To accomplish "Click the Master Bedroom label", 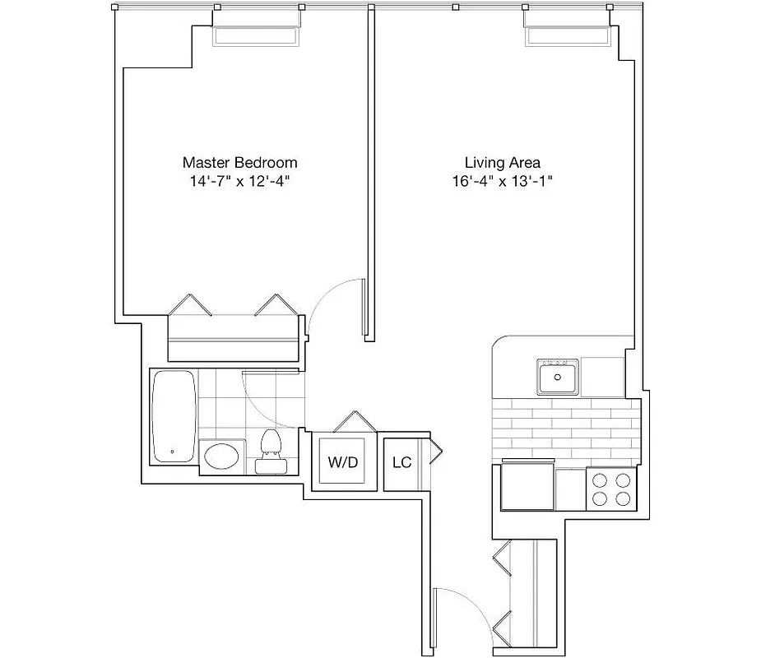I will click(x=239, y=162).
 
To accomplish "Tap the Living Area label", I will click(x=502, y=162).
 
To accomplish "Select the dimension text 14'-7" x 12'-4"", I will click(x=239, y=181).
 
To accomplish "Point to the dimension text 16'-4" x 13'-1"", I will click(x=502, y=181).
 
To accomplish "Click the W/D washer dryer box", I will click(x=343, y=462).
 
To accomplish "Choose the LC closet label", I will click(x=401, y=462).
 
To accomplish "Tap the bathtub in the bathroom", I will click(x=174, y=416).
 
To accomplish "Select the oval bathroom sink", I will click(x=222, y=456).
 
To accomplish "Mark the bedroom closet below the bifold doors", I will click(x=233, y=339).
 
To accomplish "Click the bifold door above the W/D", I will click(x=354, y=422).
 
